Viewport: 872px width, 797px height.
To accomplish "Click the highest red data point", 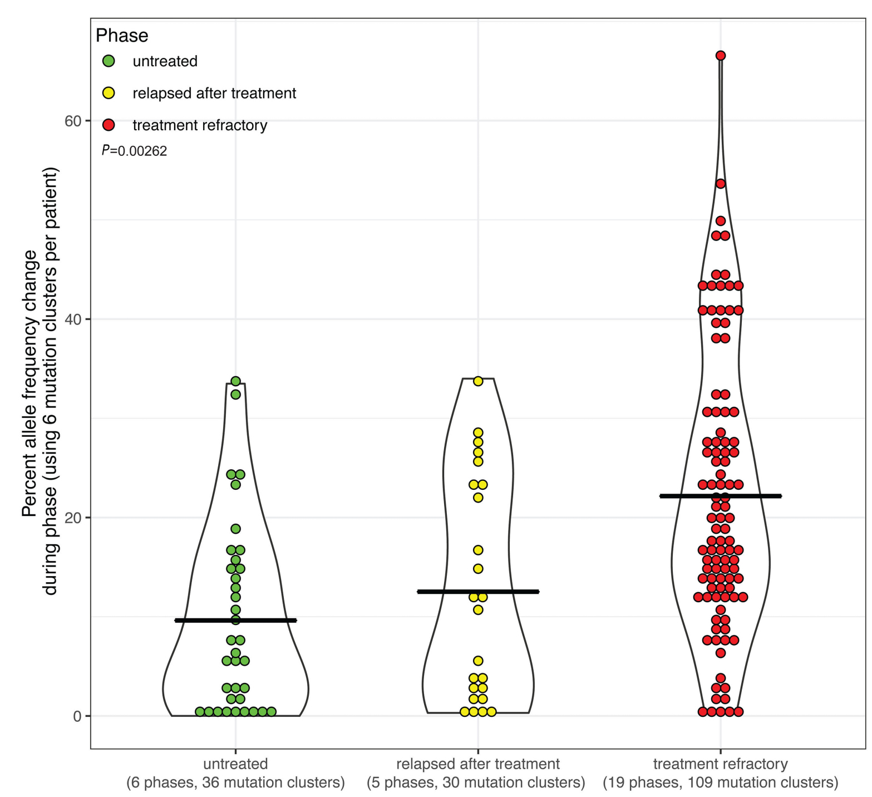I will click(x=720, y=55).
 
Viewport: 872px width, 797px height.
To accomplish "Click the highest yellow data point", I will click(x=477, y=381).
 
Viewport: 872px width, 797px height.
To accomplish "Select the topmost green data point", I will click(x=235, y=381).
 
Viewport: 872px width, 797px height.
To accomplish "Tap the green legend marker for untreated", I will click(x=109, y=61).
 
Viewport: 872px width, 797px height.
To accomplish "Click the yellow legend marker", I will click(x=109, y=93).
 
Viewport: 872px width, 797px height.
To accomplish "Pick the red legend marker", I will click(x=109, y=125).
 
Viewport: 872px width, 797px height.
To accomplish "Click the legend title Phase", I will click(x=122, y=35).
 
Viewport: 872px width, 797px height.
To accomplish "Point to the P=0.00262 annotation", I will click(x=134, y=151).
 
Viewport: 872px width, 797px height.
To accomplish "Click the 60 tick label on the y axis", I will click(x=73, y=121).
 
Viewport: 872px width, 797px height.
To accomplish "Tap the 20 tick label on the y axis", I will click(x=73, y=518).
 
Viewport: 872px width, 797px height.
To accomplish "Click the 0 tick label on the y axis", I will click(x=77, y=716).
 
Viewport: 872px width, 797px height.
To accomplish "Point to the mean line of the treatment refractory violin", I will click(x=762, y=495).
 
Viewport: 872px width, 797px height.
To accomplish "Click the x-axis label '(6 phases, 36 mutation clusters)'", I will click(x=235, y=783).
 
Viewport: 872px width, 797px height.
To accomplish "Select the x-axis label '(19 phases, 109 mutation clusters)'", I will click(x=720, y=783).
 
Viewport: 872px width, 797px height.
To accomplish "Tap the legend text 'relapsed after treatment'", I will click(x=214, y=93).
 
